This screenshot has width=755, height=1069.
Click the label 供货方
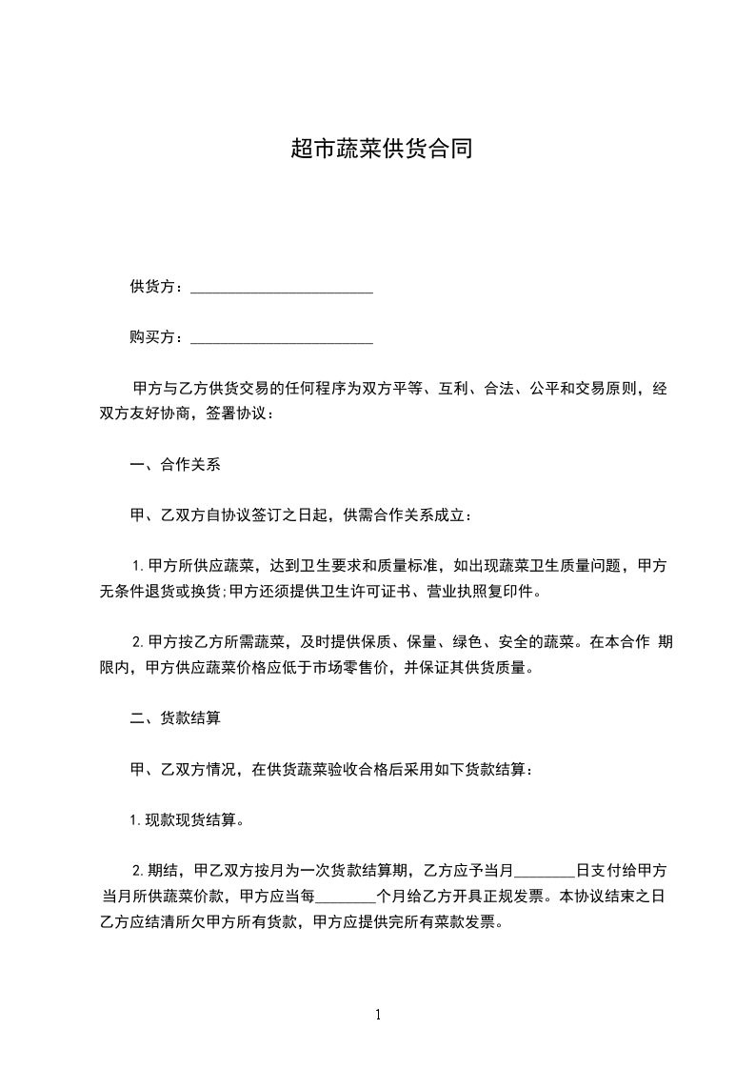(152, 287)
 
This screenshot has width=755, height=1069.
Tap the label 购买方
(152, 337)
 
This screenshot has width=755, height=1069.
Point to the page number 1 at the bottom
(378, 1015)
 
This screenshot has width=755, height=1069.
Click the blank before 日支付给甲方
(545, 872)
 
